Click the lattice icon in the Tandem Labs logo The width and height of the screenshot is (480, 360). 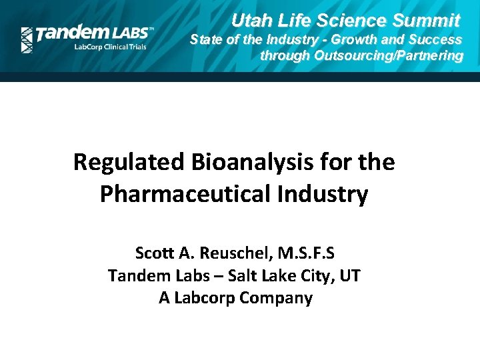27,40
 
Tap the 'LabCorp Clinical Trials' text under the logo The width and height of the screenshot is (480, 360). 109,48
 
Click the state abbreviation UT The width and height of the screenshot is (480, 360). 350,275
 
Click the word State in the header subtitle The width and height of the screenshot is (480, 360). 206,39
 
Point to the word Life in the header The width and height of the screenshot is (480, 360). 293,20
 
